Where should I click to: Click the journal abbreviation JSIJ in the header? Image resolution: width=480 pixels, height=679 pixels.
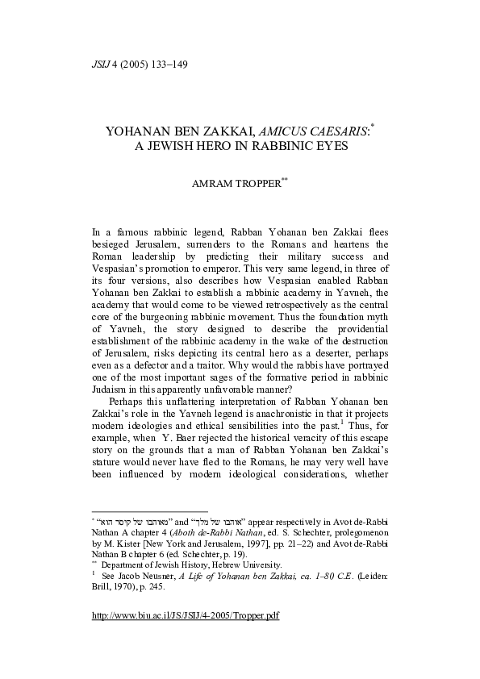click(103, 65)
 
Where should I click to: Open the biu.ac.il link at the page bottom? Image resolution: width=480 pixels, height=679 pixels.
click(186, 637)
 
